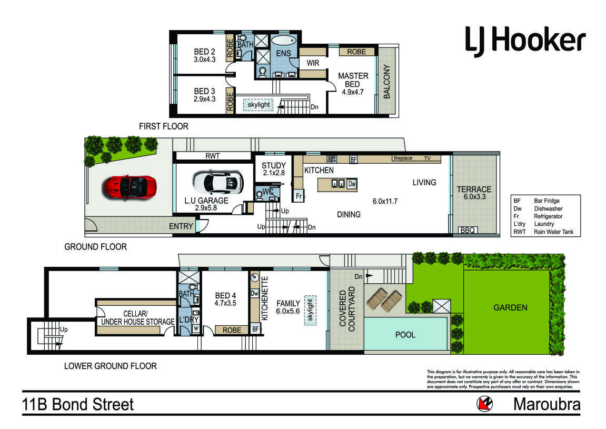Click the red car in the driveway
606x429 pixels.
(x=129, y=187)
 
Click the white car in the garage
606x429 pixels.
(x=218, y=183)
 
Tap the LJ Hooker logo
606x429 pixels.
(x=525, y=41)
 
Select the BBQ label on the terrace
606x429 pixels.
(x=468, y=231)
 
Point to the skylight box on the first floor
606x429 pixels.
(x=259, y=105)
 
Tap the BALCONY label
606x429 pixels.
(x=387, y=82)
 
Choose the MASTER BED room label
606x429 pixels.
(x=353, y=80)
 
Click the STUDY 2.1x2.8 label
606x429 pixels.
(x=274, y=169)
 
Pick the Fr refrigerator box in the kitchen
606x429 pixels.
(x=299, y=196)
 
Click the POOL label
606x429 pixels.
(x=405, y=335)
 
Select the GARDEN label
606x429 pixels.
(x=510, y=307)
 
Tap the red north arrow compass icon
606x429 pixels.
(x=484, y=404)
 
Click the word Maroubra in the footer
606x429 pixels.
(x=547, y=405)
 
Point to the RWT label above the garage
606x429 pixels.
(x=213, y=156)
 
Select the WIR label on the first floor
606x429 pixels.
(x=313, y=63)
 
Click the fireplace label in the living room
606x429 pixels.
(x=403, y=158)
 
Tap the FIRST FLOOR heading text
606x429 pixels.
(x=164, y=126)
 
